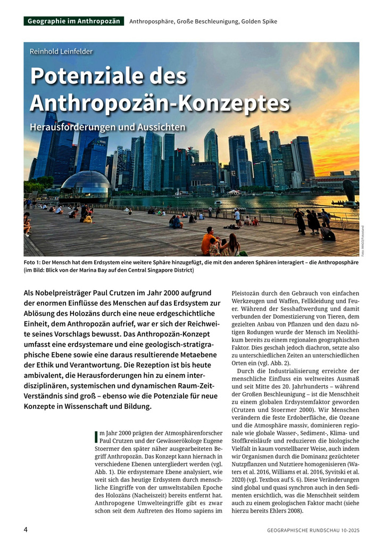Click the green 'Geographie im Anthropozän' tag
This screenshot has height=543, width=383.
tap(73, 21)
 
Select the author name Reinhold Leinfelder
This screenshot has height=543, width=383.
tap(61, 52)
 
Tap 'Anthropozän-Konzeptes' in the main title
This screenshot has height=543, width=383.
tap(160, 102)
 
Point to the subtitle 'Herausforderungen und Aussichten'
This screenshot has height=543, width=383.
tap(107, 127)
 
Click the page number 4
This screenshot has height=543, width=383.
tap(26, 530)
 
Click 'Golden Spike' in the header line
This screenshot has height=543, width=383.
tap(259, 21)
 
